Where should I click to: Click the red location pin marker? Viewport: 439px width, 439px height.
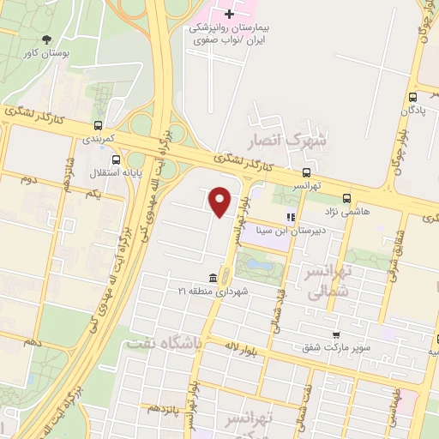[220, 201]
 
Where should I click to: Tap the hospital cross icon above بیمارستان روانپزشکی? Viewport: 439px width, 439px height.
[229, 14]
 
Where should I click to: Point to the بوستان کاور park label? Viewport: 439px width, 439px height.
[47, 53]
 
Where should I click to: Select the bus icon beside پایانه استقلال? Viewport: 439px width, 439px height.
[116, 159]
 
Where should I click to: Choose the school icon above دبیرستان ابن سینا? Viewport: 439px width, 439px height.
[290, 217]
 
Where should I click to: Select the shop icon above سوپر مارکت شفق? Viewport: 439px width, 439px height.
[335, 334]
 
